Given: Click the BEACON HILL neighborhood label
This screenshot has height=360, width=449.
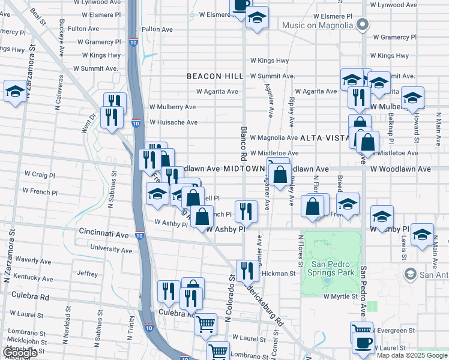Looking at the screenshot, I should point(215,76).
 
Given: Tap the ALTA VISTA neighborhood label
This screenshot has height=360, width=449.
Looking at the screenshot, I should point(324,138).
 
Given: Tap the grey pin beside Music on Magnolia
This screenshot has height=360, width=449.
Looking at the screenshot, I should point(362,25).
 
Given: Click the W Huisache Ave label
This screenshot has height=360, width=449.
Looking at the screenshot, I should point(173,122).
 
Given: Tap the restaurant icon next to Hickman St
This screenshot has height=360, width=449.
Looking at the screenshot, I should point(246,271).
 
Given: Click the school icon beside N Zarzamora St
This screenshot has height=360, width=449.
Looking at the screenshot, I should point(15,92).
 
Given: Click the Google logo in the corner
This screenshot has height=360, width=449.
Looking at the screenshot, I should point(20,353).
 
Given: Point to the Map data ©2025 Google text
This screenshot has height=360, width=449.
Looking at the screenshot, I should point(412,355).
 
